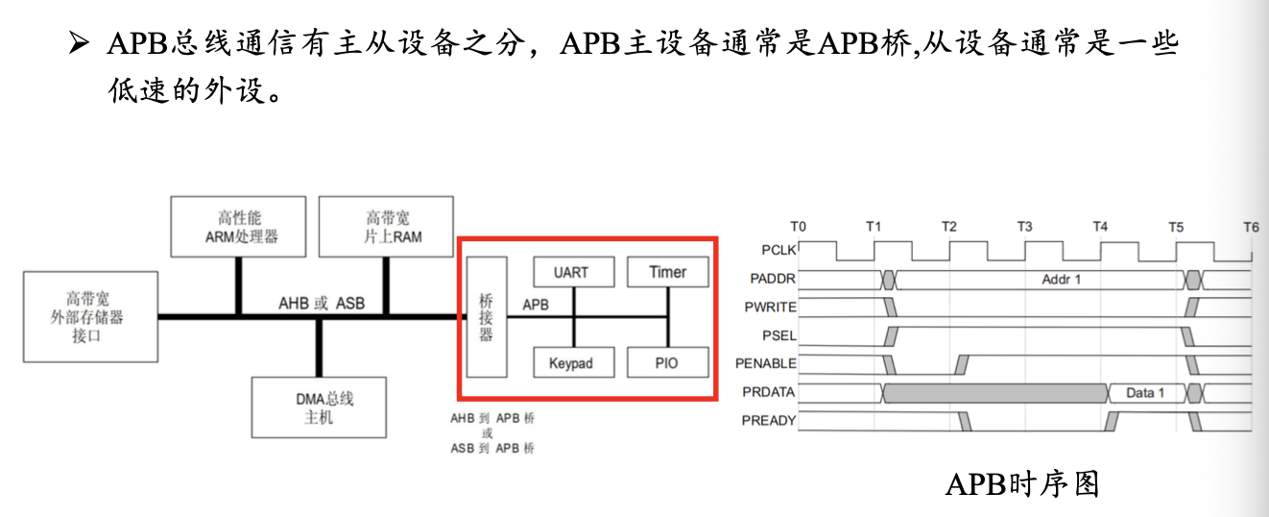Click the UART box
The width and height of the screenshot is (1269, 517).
(x=571, y=272)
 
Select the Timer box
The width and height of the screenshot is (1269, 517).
(x=668, y=272)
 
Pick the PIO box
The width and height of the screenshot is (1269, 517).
(x=668, y=363)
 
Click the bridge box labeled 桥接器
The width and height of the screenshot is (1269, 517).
(x=486, y=317)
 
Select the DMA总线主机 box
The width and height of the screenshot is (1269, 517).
(x=318, y=407)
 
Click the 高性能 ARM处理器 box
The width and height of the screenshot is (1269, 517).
(x=238, y=228)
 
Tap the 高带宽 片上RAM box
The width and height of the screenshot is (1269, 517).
(x=385, y=228)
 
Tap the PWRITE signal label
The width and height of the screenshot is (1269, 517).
(x=770, y=308)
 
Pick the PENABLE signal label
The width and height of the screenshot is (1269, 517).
(x=766, y=363)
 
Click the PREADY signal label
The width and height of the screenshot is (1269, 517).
(x=769, y=420)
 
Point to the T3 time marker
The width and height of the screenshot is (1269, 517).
(x=1024, y=227)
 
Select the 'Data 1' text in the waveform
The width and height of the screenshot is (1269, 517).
(x=1145, y=392)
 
